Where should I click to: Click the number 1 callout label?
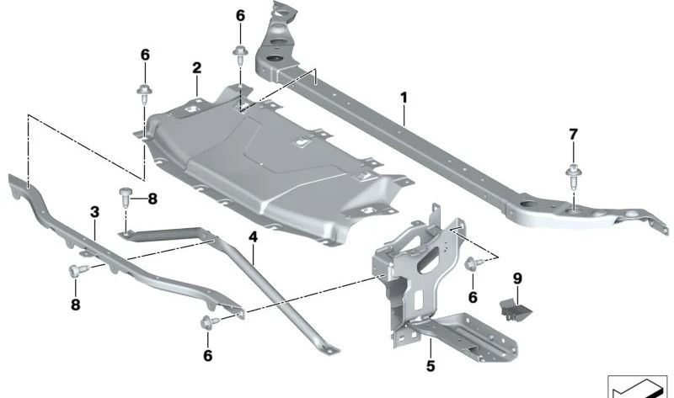[x=404, y=98]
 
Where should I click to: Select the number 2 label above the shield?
[x=196, y=67]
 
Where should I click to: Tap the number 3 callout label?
[x=94, y=210]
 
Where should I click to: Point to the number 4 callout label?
[x=253, y=238]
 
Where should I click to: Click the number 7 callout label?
[x=574, y=134]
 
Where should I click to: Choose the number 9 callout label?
[x=518, y=277]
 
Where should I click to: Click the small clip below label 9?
[x=514, y=307]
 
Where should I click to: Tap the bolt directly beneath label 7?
[x=573, y=175]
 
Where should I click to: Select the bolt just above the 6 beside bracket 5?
[x=470, y=265]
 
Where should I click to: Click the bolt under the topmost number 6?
[x=239, y=55]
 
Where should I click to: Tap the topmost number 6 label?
[x=240, y=16]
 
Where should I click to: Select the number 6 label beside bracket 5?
[x=473, y=297]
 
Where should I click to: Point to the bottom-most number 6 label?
[x=207, y=356]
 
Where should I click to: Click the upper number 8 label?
[x=152, y=199]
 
